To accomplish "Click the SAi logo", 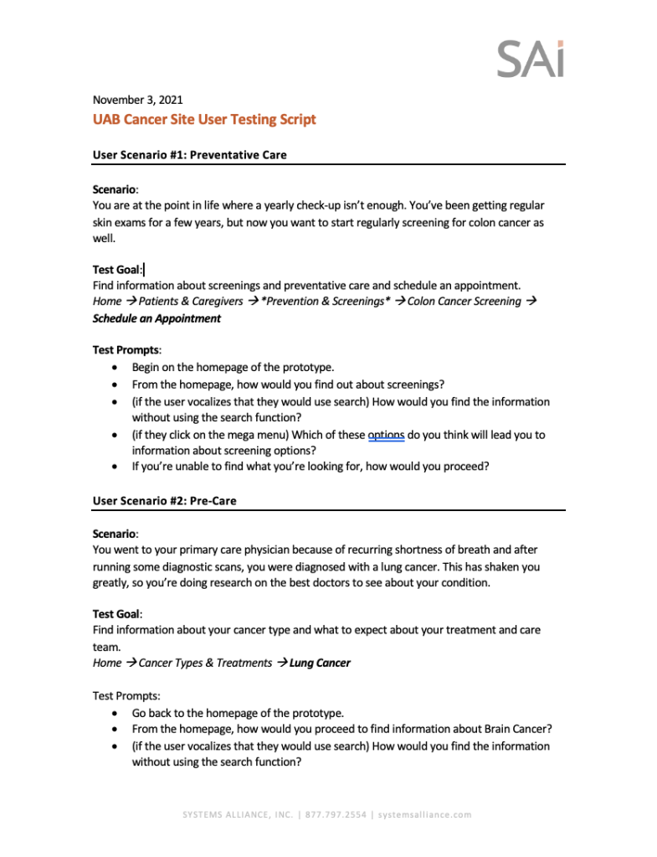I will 531,58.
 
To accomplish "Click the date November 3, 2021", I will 137,100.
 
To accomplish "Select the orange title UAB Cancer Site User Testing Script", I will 204,119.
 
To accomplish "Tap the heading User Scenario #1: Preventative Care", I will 189,155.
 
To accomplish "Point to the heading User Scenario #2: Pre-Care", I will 164,500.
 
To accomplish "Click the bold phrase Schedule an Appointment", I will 157,318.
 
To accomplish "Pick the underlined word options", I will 387,435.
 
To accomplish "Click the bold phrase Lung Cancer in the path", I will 320,663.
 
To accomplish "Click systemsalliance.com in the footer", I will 424,814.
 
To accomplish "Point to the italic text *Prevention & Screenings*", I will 326,301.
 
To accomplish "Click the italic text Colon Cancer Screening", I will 464,301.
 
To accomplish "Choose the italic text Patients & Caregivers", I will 191,301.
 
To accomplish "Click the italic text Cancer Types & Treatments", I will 205,663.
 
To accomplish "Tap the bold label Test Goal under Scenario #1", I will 116,270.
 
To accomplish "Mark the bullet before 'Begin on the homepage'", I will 115,367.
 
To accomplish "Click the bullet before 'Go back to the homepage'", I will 115,713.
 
